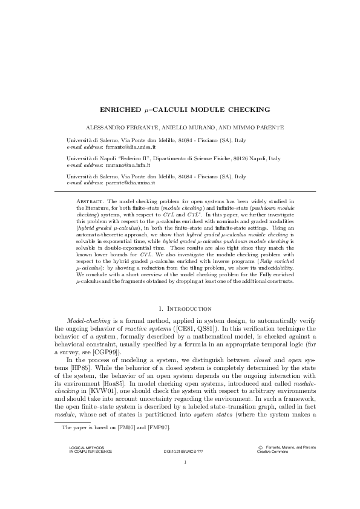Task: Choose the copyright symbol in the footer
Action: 260,464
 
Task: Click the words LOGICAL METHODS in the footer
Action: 82,464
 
